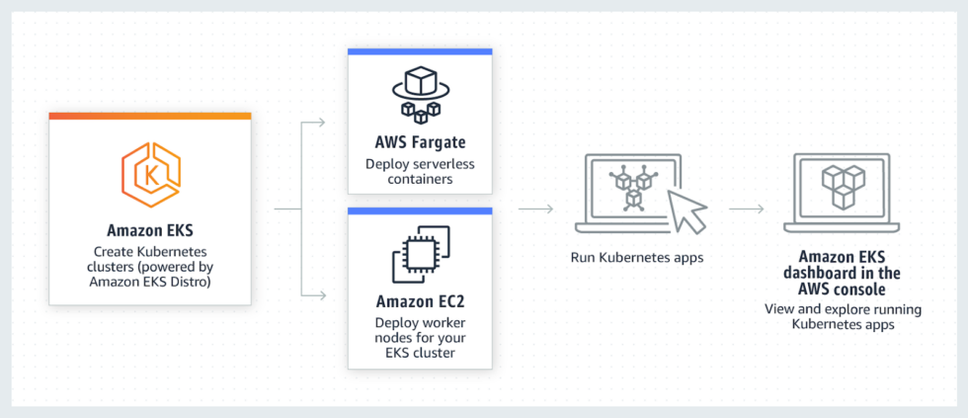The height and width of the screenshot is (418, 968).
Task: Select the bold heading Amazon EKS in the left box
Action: [x=149, y=233]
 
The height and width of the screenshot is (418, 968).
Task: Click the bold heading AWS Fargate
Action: [x=420, y=144]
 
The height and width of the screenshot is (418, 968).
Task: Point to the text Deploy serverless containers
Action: [x=420, y=172]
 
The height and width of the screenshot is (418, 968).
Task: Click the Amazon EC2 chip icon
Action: [x=420, y=251]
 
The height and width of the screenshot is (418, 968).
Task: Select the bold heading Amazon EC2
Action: [x=420, y=299]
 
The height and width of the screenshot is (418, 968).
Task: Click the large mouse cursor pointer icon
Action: [x=687, y=209]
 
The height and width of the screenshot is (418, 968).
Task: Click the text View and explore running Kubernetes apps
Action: [x=844, y=316]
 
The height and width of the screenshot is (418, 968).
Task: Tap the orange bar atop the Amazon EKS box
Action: [x=149, y=116]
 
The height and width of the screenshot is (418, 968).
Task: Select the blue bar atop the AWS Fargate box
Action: [x=420, y=50]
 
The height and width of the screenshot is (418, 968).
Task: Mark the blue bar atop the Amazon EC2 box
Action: [x=420, y=209]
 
